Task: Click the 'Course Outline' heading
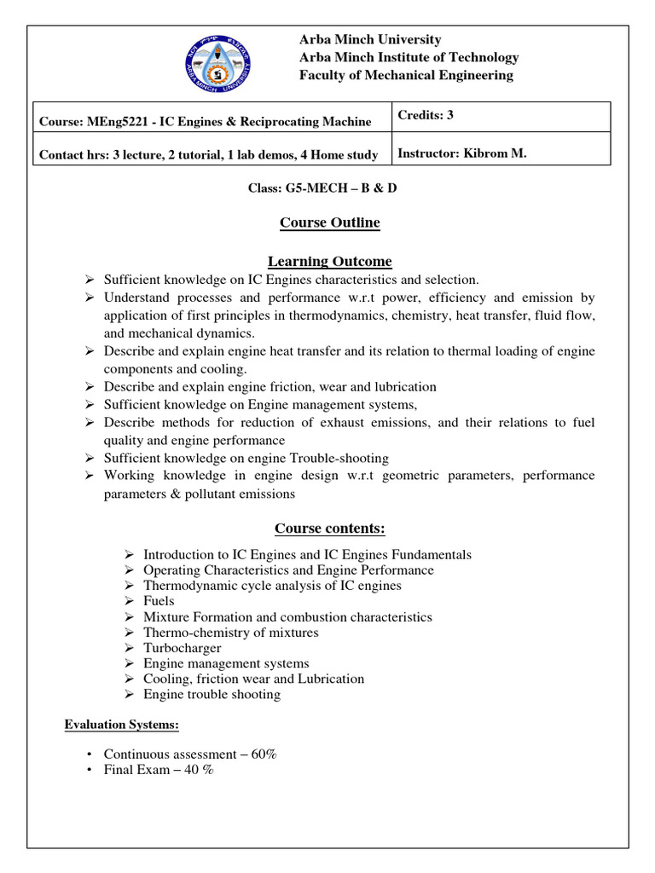[329, 223]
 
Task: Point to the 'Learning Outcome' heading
[329, 261]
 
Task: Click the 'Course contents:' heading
[329, 529]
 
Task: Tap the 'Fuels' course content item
[159, 601]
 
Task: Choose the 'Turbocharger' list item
[182, 648]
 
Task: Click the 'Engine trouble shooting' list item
[212, 694]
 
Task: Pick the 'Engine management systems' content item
[226, 663]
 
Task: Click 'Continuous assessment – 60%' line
[190, 754]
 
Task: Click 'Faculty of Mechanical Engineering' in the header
[405, 75]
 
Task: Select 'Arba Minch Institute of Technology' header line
[408, 57]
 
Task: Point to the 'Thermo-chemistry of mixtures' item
[230, 633]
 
